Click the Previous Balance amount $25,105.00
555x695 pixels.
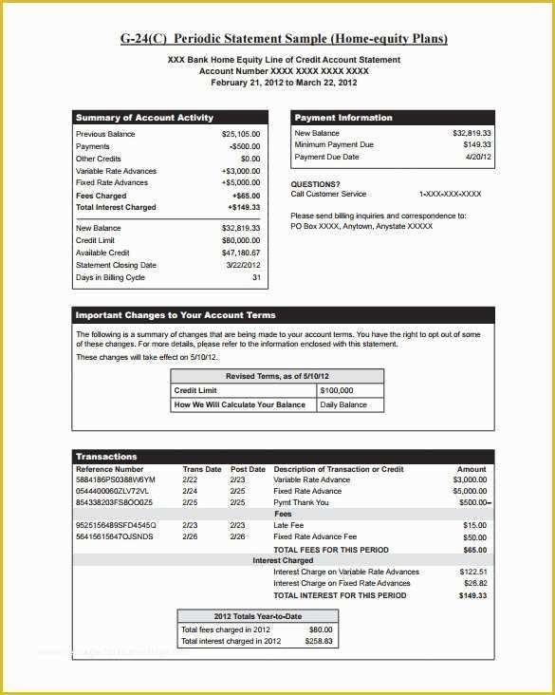241,134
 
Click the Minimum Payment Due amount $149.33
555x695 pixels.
472,145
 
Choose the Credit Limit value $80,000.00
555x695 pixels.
241,241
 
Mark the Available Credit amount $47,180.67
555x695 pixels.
241,254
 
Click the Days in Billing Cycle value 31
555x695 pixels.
256,277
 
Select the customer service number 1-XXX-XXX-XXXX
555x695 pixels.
451,194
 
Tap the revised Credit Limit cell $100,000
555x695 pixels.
337,390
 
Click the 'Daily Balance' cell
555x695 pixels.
343,404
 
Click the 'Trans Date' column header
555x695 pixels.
201,469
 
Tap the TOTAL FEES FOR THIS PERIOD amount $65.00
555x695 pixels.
474,550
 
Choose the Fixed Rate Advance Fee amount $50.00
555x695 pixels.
474,537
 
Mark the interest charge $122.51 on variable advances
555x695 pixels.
472,573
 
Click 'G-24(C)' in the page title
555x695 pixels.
146,39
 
